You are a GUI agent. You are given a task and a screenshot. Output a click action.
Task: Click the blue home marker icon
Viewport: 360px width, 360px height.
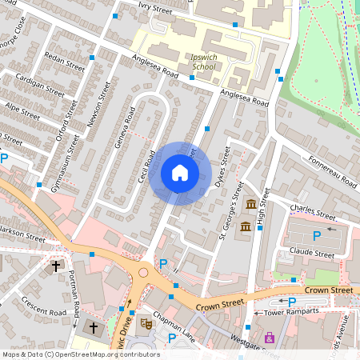coord(180,173)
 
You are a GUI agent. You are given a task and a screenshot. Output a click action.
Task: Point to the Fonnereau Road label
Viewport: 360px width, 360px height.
coord(329,171)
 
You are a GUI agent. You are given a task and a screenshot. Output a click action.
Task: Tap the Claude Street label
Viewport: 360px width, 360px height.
coord(313,254)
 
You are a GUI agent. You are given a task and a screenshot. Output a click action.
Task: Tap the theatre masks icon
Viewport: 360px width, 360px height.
coord(146,323)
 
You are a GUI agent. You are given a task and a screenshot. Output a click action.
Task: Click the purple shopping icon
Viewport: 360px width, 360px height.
coord(269,338)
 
